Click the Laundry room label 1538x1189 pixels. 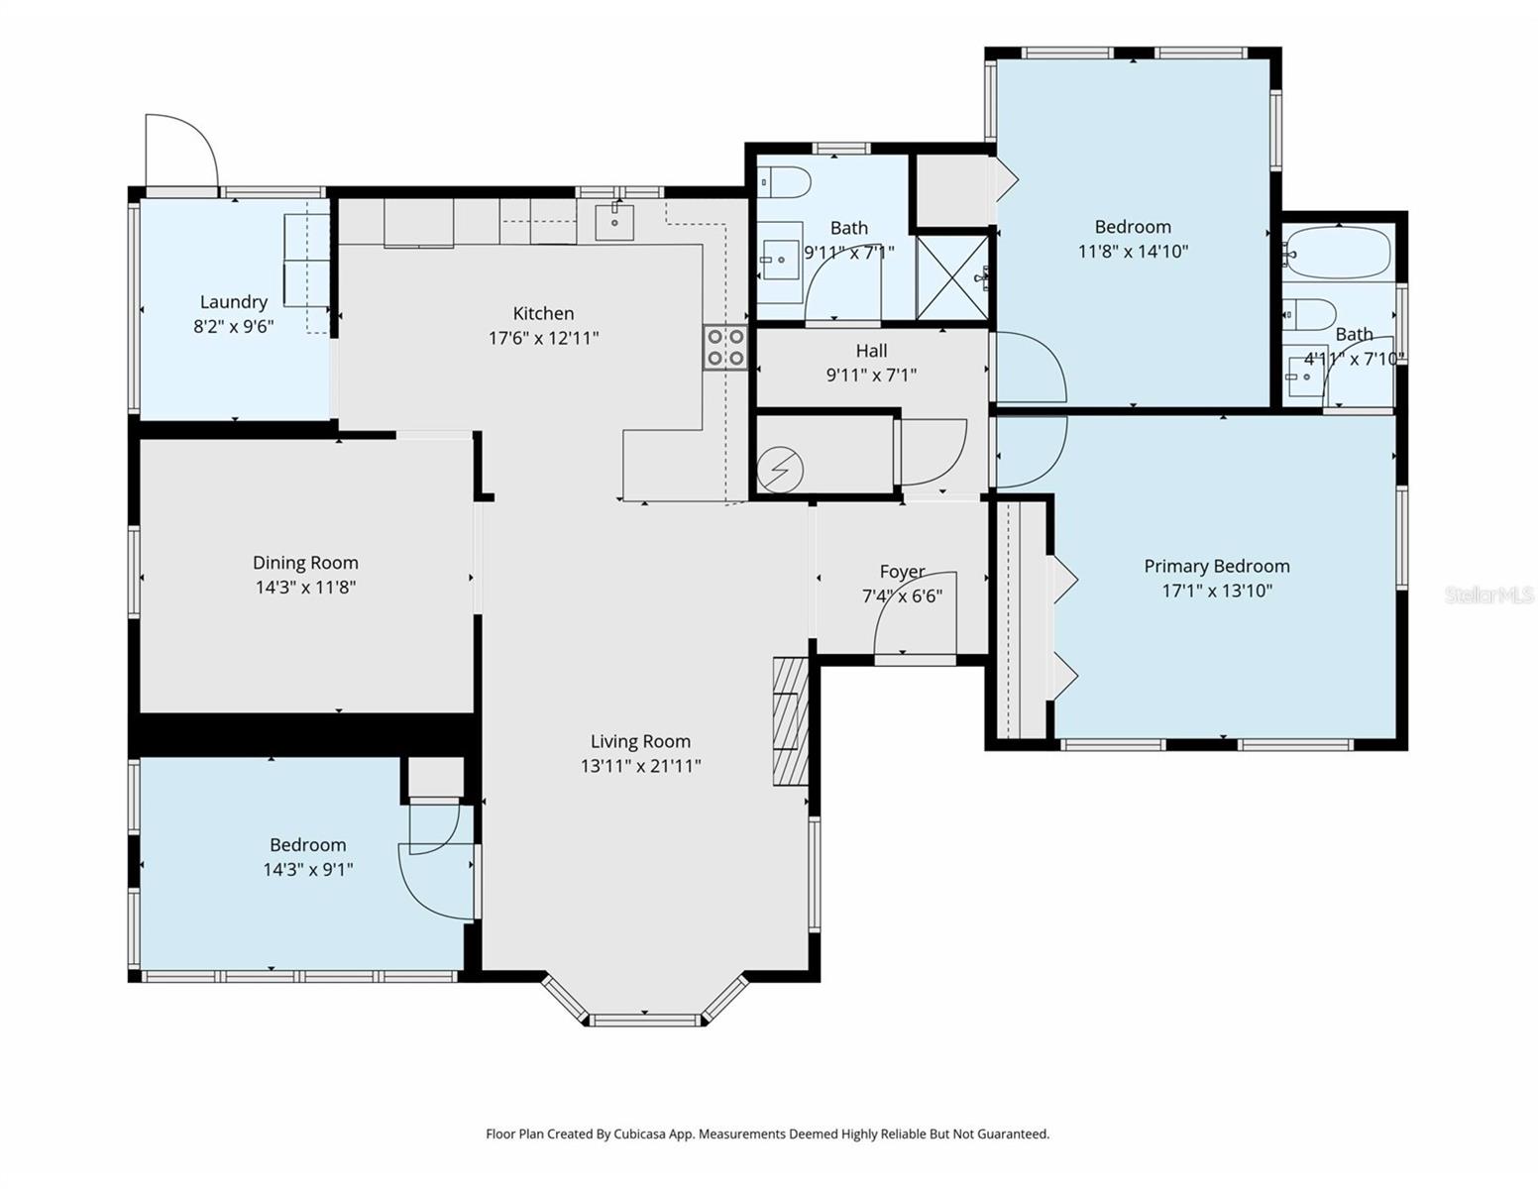[x=234, y=302]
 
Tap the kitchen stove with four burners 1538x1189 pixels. [x=725, y=348]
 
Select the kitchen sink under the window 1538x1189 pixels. [x=614, y=222]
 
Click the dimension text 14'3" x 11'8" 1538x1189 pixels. [x=305, y=588]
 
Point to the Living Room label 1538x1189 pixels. [x=640, y=741]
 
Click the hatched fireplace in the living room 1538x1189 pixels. [x=790, y=721]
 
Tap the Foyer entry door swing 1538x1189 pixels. [x=915, y=614]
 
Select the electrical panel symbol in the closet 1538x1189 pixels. [x=780, y=470]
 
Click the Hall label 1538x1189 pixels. [x=871, y=351]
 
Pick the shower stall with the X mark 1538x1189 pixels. [x=951, y=276]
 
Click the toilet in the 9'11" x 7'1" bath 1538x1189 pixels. [x=786, y=182]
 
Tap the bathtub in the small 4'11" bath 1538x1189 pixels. [x=1338, y=254]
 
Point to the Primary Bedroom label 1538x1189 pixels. [x=1217, y=566]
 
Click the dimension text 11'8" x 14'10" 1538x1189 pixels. [x=1133, y=252]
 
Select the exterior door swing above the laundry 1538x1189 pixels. [x=180, y=151]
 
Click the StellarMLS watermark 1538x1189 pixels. [x=1488, y=594]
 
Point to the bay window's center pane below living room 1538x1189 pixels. [x=644, y=1019]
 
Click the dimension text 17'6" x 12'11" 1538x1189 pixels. [x=543, y=338]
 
